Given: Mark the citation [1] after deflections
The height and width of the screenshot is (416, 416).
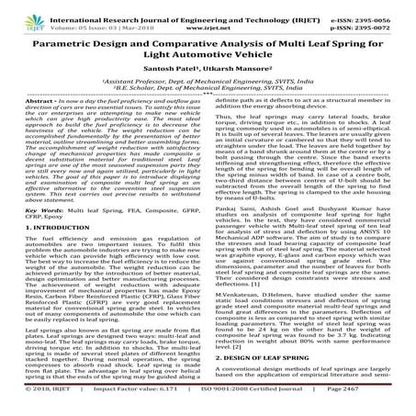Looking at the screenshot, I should click(302, 285).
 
